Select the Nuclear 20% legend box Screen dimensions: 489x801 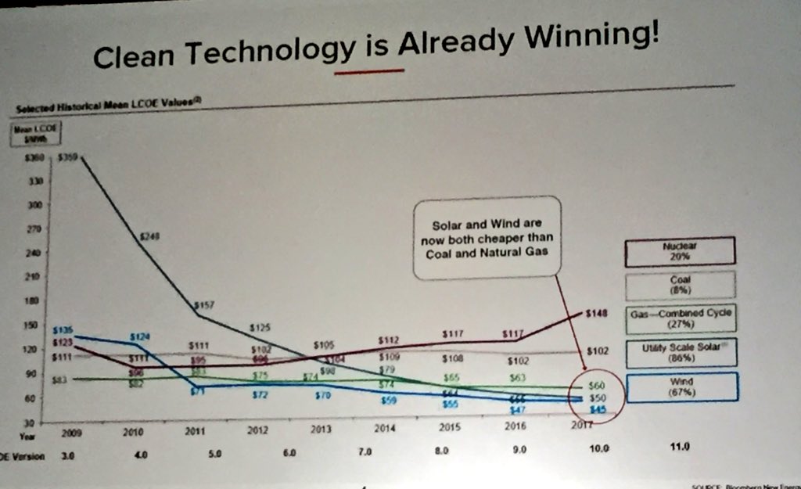(x=680, y=250)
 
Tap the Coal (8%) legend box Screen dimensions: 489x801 (x=680, y=284)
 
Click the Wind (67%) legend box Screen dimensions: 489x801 (x=681, y=386)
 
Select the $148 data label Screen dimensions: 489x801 (x=596, y=314)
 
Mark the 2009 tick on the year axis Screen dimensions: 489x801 (x=74, y=431)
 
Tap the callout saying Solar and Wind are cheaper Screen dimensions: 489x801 (x=487, y=236)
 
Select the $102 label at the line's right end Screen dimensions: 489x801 (x=597, y=351)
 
